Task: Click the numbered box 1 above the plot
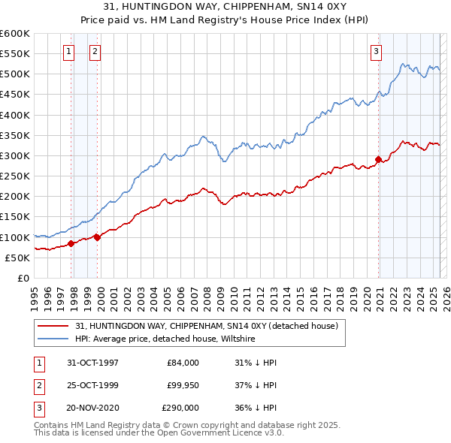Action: point(68,52)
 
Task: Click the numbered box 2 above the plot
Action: point(95,52)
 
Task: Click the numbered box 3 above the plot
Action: point(376,52)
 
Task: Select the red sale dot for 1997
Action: point(71,243)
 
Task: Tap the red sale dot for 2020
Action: point(378,159)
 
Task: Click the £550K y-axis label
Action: point(15,54)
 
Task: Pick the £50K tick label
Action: point(18,258)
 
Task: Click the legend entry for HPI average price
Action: point(165,339)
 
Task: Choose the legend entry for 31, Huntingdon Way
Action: point(207,326)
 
